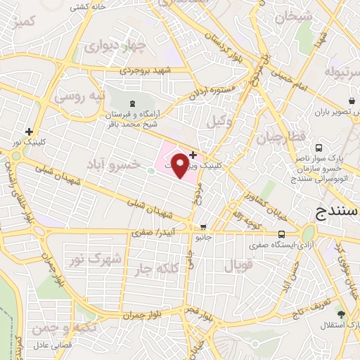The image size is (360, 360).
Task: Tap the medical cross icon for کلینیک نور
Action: coord(29,131)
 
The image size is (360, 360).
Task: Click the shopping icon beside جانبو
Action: coord(203,227)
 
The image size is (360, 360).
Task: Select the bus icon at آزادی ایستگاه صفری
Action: coord(281,234)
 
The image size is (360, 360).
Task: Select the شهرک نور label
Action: coord(98,259)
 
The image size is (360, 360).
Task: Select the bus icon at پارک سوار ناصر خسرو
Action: coord(319,148)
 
